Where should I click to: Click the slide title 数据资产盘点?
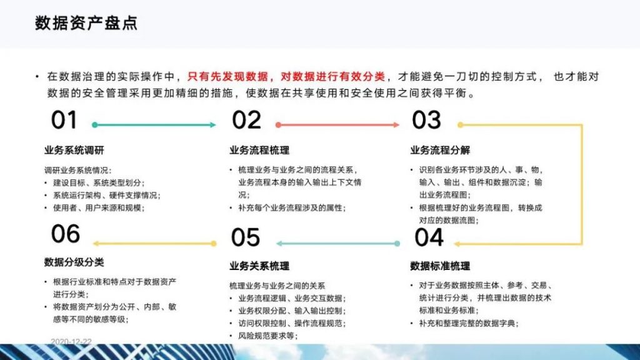click(86, 23)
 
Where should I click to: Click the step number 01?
click(64, 120)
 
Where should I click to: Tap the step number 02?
click(246, 120)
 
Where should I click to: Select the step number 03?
click(426, 120)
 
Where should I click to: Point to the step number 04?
click(429, 237)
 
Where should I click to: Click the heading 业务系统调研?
click(74, 150)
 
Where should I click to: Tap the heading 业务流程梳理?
click(259, 150)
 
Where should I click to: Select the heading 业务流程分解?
click(440, 150)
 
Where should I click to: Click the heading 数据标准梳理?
click(440, 266)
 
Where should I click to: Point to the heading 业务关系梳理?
click(259, 266)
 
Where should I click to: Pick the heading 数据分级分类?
click(74, 262)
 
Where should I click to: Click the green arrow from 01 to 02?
click(154, 125)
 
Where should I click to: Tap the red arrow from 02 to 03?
click(337, 125)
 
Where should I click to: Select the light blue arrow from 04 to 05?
click(338, 244)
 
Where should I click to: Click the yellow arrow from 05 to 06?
click(155, 244)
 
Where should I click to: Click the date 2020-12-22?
click(71, 341)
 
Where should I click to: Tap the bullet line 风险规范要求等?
click(268, 336)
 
